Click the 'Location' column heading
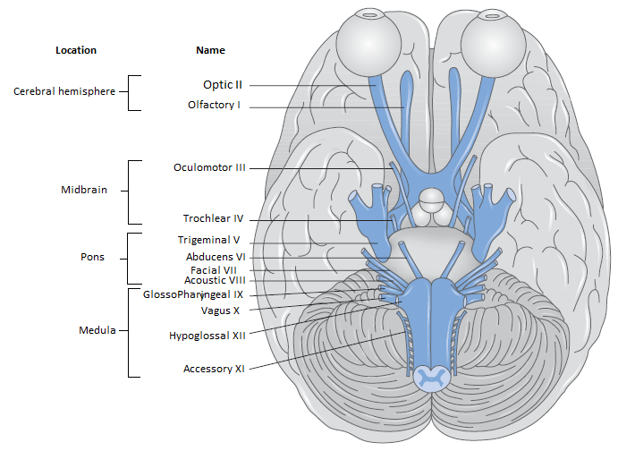coord(75,50)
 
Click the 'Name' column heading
coord(210,50)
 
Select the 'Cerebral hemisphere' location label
coord(63,91)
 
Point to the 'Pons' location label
coord(92,257)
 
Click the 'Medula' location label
coord(97,330)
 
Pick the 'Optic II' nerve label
coord(222,85)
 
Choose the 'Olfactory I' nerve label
coord(215,106)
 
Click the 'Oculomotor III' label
coord(209,167)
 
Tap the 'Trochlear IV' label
coord(213,218)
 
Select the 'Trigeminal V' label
coord(208,240)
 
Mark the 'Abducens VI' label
coord(216,256)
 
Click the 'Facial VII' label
coord(213,269)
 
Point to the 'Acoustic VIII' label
coord(215,280)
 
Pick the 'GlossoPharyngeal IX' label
coord(192,294)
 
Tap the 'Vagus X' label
coord(220,311)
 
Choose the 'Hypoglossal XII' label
coord(207,336)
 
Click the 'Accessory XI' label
coord(214,369)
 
